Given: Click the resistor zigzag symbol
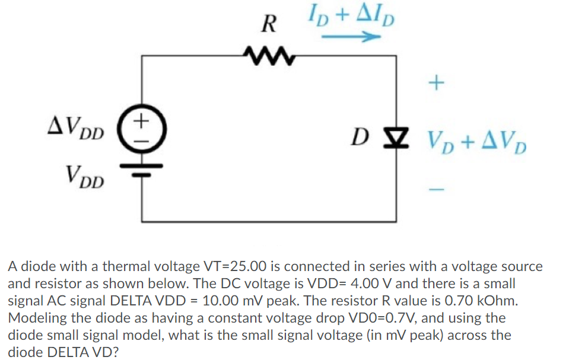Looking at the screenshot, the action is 270,56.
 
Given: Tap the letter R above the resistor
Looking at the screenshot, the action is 269,24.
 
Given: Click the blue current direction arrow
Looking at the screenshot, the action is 351,36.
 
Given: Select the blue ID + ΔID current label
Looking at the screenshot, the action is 351,17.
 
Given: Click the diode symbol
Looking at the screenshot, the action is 396,138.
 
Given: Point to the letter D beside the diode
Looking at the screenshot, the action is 360,138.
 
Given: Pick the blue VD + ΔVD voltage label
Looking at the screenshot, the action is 477,143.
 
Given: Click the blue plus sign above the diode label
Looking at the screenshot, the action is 436,83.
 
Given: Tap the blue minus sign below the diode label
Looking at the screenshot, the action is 436,189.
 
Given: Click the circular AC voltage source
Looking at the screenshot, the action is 142,129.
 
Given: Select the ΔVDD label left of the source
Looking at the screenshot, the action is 76,128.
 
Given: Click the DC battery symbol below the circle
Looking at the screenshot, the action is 142,170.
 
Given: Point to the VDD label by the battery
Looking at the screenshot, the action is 85,177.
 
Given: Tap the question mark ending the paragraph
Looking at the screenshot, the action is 115,352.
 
